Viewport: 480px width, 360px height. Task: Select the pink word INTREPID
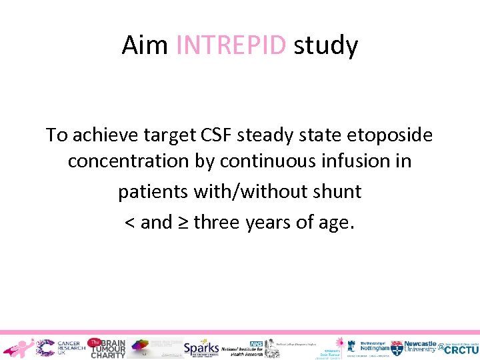(231, 46)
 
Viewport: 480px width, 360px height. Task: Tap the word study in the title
(326, 46)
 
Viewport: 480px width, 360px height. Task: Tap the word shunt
(335, 192)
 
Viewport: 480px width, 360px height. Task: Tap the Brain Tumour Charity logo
(107, 347)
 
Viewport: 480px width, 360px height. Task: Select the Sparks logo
(201, 347)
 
